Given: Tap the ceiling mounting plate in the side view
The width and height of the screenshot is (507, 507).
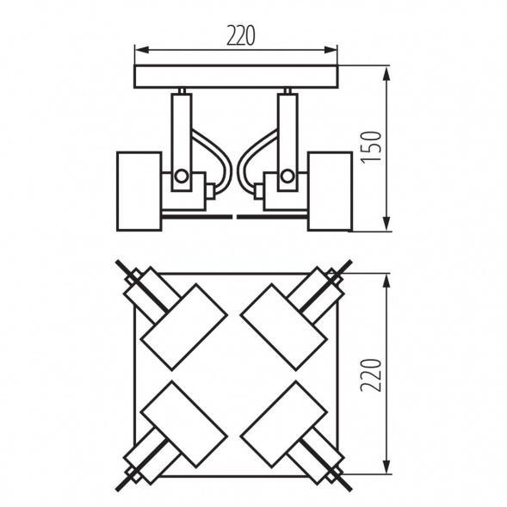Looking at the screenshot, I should click(x=237, y=77).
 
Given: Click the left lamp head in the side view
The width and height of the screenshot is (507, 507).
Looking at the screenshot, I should click(x=139, y=191).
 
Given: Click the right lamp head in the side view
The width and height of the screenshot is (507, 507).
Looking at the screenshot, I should click(x=331, y=191).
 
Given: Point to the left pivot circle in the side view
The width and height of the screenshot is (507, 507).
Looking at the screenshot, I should click(x=182, y=177).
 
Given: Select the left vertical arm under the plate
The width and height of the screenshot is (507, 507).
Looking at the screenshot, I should click(x=182, y=129).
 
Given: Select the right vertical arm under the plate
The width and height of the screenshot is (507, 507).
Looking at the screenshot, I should click(x=288, y=129).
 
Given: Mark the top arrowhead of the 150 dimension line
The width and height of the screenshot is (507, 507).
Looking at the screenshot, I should click(x=386, y=69).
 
